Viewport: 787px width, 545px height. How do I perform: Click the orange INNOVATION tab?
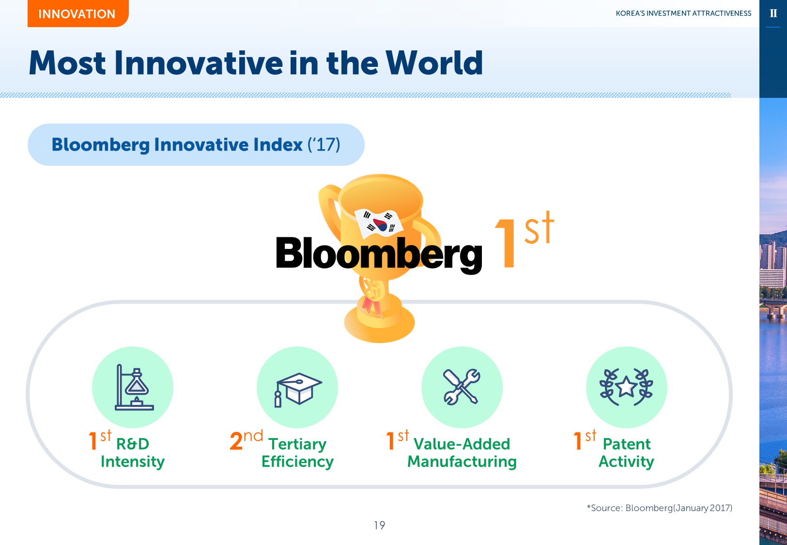click(x=78, y=14)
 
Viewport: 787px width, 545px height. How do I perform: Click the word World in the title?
click(x=434, y=63)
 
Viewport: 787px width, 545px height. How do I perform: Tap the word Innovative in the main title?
click(x=199, y=63)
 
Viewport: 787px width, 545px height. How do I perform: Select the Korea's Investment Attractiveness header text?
click(x=683, y=14)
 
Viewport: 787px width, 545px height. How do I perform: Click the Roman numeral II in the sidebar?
click(x=773, y=14)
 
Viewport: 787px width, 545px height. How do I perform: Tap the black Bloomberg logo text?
click(x=379, y=254)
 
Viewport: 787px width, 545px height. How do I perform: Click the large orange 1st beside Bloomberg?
click(x=524, y=240)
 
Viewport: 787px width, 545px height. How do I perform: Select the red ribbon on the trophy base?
click(x=372, y=306)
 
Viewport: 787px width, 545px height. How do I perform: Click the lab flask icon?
click(x=134, y=387)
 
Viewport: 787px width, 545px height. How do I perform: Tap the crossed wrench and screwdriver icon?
click(x=462, y=387)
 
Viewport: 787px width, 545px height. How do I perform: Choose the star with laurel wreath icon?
click(x=626, y=387)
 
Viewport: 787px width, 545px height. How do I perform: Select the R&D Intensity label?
click(x=133, y=452)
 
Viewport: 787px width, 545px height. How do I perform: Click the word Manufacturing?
click(x=462, y=462)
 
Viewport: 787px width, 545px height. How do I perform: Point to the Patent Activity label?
click(x=626, y=452)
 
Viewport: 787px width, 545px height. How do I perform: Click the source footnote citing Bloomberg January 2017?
click(x=660, y=508)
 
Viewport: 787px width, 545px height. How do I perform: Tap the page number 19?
click(x=379, y=525)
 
